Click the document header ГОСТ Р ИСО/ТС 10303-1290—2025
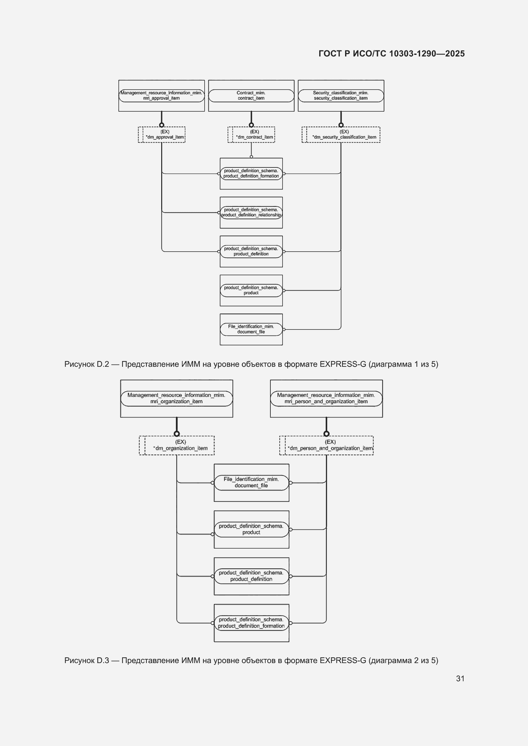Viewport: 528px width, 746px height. point(391,54)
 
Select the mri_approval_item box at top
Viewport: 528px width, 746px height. point(162,96)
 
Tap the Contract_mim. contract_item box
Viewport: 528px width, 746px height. point(251,96)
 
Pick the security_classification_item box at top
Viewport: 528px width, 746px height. point(341,96)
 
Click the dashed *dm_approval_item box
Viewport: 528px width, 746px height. point(162,135)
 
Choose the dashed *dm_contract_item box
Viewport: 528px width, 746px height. point(251,135)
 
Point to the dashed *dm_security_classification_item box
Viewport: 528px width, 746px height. point(341,135)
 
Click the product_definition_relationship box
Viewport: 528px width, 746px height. point(251,212)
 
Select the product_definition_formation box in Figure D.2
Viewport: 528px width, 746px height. point(251,174)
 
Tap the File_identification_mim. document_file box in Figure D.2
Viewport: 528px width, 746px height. point(251,329)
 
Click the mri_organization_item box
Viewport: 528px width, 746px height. point(177,399)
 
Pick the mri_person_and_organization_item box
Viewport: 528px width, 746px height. point(327,399)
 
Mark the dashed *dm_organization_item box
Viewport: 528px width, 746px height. point(177,446)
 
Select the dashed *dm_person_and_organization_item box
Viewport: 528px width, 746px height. point(327,446)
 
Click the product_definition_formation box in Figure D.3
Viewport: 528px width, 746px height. point(251,623)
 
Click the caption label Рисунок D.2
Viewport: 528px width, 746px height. point(87,364)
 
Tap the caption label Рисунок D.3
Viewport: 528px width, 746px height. point(87,661)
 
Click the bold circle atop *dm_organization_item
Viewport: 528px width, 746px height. point(177,434)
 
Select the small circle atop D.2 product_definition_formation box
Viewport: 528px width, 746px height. point(251,157)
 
